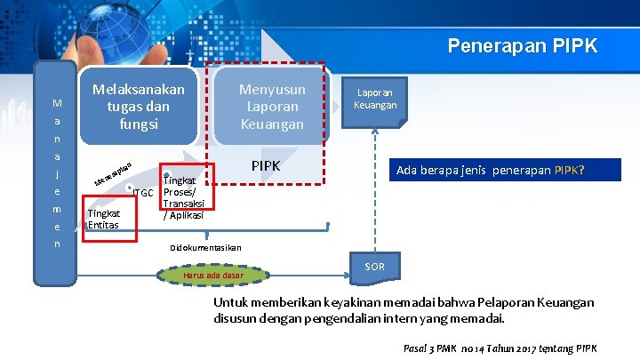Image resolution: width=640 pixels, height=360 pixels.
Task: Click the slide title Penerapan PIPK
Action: click(x=522, y=45)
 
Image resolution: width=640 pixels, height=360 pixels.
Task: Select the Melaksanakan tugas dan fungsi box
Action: click(x=138, y=107)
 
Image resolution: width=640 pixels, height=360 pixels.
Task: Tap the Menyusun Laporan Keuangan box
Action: click(x=272, y=107)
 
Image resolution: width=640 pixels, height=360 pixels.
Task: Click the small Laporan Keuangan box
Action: click(x=374, y=98)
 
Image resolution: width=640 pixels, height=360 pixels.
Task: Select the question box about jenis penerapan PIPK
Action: click(x=495, y=170)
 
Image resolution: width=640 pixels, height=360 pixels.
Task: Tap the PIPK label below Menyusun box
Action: click(x=266, y=166)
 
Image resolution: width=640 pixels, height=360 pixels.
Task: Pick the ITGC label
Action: click(x=143, y=193)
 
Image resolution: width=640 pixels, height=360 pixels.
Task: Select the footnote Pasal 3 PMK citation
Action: click(x=500, y=348)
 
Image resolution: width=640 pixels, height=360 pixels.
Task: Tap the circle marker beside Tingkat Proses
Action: click(x=165, y=174)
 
